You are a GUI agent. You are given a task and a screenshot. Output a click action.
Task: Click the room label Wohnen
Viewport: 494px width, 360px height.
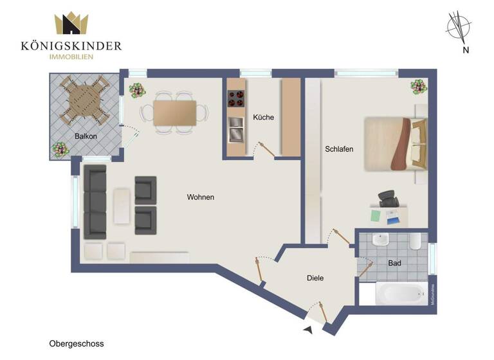(x=201, y=197)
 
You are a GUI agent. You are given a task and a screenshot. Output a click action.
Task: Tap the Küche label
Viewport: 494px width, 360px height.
(x=264, y=118)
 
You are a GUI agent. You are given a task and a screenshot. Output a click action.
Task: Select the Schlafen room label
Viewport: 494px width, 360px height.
(x=340, y=149)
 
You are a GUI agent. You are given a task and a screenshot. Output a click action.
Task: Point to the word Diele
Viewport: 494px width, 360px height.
(x=315, y=278)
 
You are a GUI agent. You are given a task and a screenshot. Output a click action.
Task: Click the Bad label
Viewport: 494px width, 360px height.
(x=395, y=264)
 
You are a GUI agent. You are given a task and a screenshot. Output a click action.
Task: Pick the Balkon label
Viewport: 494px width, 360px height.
(x=86, y=136)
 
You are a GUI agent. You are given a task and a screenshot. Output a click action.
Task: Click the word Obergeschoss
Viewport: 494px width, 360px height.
(x=76, y=344)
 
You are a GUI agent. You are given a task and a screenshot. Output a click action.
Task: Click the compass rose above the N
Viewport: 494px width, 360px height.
(x=459, y=26)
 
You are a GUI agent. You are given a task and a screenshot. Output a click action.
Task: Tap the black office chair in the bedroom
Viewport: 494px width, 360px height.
(x=389, y=199)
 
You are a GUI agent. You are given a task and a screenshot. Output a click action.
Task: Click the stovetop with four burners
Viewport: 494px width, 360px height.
(x=236, y=99)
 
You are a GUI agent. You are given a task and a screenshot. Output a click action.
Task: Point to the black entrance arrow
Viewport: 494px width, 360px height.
(x=309, y=330)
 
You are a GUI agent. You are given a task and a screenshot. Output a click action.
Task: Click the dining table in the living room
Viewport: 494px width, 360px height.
(x=175, y=113)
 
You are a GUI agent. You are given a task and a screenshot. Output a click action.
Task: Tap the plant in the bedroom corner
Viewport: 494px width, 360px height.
(x=418, y=85)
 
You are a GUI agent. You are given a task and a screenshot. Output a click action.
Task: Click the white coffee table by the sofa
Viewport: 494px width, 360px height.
(x=122, y=205)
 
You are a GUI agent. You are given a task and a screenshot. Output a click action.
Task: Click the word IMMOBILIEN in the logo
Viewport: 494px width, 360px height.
(x=71, y=57)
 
